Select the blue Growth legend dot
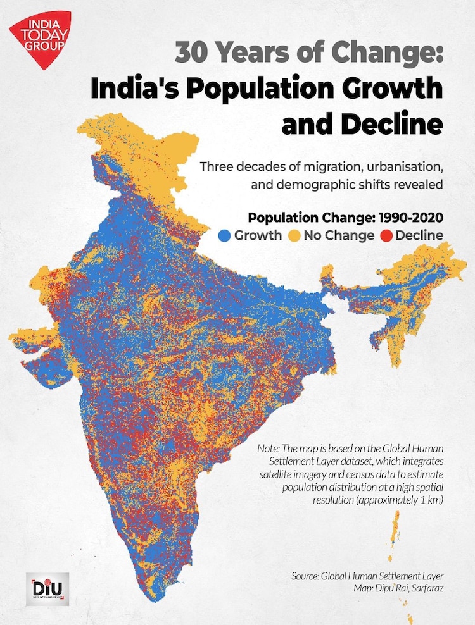(x=224, y=236)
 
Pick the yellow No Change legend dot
(x=294, y=236)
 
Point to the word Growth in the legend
(x=258, y=236)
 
